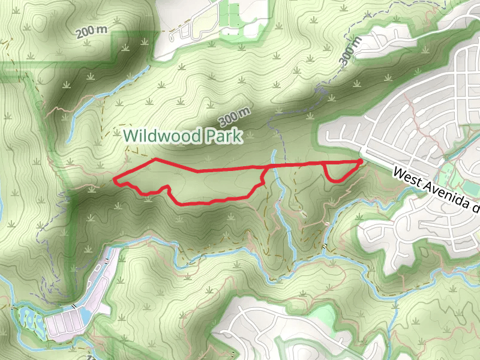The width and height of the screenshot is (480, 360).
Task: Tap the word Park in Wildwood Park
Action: point(223,136)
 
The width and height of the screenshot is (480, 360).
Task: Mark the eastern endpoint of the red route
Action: point(361,161)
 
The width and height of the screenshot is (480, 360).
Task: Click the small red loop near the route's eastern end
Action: point(337,172)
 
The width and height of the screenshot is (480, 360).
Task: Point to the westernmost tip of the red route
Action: point(114,179)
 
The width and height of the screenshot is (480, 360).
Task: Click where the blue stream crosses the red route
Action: point(275,164)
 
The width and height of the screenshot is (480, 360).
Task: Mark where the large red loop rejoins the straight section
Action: point(266,166)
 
